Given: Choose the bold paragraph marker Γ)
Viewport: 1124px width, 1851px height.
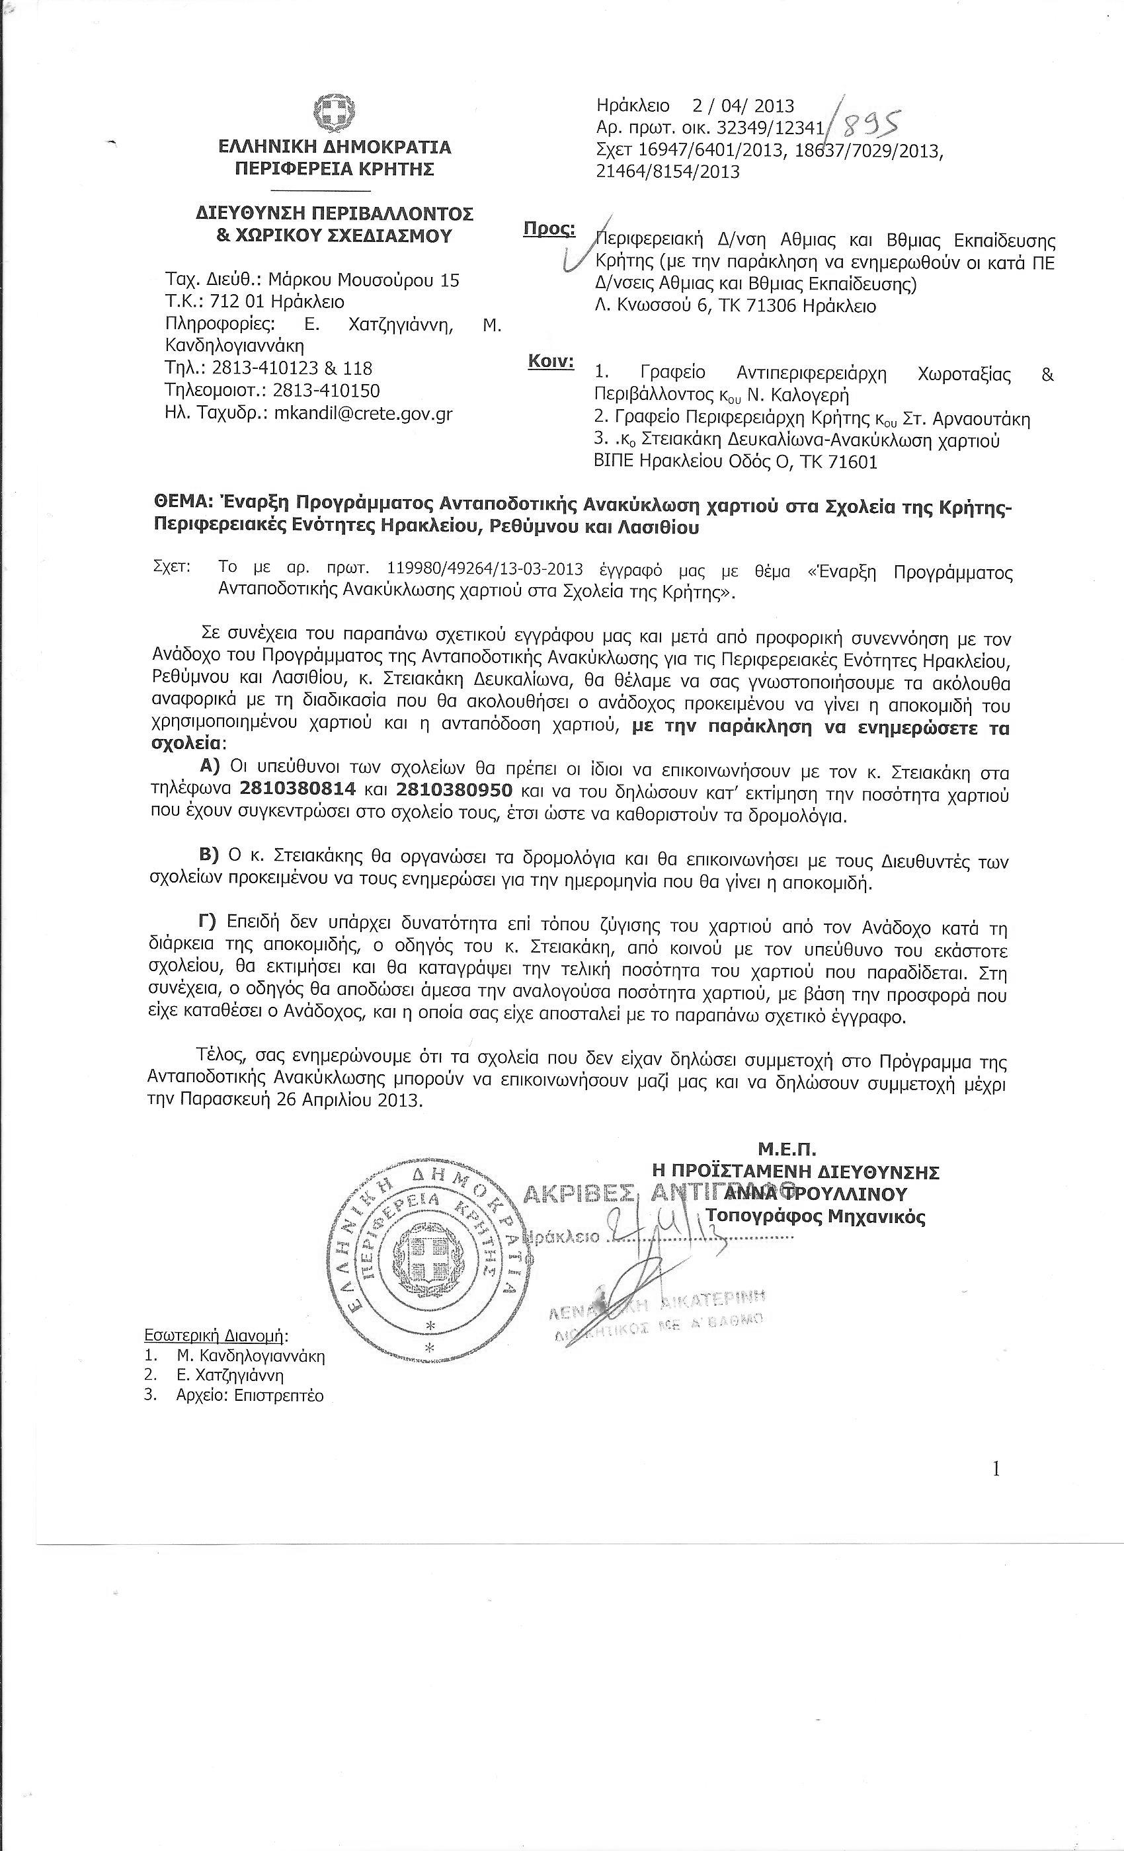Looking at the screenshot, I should point(206,922).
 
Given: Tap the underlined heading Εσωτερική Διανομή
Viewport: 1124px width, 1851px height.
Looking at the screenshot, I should point(215,1335).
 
